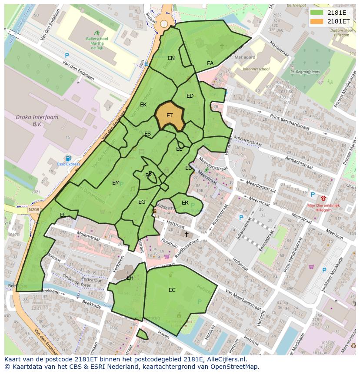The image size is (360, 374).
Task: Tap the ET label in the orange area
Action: (170, 116)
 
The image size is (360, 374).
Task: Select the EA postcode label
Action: (210, 63)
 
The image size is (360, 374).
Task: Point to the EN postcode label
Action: (171, 58)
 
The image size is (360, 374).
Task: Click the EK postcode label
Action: (143, 105)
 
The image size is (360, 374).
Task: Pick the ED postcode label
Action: (190, 96)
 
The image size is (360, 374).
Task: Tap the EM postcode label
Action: (116, 183)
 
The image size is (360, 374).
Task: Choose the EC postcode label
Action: (172, 290)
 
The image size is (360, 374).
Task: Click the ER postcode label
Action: (185, 203)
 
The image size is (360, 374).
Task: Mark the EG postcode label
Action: (142, 202)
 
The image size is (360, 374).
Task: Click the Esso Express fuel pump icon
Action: (68, 158)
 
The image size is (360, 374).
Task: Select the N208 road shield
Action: (33, 210)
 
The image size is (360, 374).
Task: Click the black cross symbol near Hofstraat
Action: (187, 234)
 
